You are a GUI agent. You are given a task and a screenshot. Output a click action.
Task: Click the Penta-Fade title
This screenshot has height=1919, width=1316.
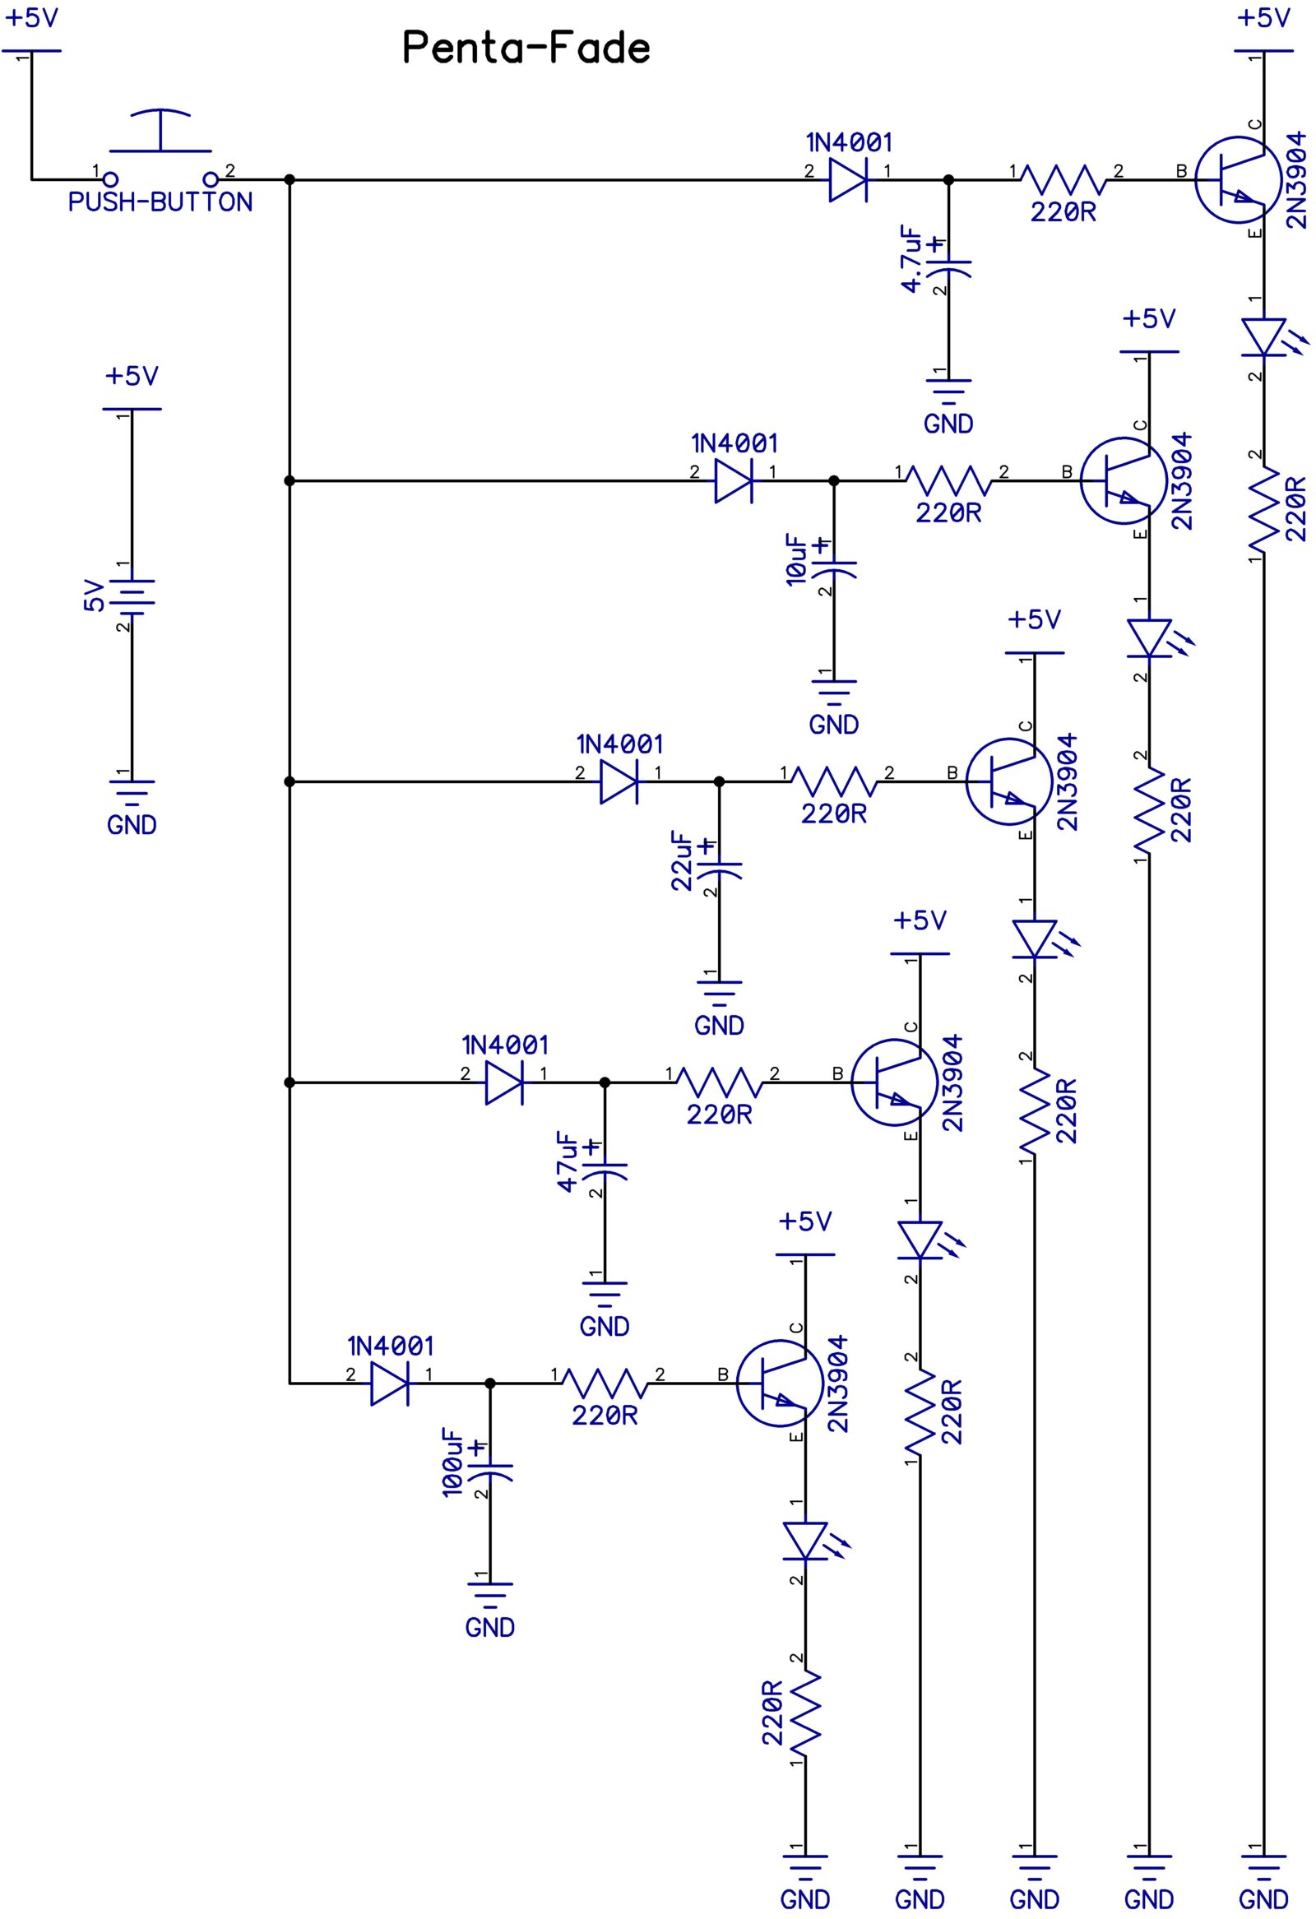tap(526, 48)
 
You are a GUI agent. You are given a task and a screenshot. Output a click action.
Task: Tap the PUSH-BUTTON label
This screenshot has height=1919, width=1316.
tap(160, 202)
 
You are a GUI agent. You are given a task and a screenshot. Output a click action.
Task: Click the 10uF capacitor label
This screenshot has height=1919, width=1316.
tap(797, 561)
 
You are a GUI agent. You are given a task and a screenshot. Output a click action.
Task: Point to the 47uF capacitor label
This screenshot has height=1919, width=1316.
tap(568, 1161)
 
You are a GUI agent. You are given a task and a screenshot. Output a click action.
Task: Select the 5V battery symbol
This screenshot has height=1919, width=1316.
tap(132, 596)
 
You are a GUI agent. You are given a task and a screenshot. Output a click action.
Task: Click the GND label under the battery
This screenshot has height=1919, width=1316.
tap(132, 825)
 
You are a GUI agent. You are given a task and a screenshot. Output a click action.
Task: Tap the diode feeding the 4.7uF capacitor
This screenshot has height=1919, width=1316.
tap(848, 179)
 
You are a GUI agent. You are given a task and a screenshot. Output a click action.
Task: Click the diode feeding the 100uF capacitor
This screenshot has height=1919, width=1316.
tap(390, 1383)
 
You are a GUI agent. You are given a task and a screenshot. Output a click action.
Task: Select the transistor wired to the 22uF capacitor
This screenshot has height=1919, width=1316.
tap(1003, 781)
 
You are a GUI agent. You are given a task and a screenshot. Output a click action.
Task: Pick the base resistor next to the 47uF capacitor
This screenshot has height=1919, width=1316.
tap(719, 1082)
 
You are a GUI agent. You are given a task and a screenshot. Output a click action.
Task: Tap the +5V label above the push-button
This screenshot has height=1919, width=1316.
tap(31, 18)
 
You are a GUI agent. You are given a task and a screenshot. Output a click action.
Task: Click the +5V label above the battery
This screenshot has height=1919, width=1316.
tap(132, 377)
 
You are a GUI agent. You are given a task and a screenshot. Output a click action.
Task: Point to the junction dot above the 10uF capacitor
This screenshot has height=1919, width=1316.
tap(834, 480)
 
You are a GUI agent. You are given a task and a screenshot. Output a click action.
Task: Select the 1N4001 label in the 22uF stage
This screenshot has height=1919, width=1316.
tap(619, 744)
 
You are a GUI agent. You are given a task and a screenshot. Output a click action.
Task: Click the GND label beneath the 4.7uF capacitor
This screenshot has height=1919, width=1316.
tap(948, 424)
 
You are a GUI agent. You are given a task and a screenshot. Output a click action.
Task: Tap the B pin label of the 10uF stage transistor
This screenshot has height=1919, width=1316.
tap(1067, 473)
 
